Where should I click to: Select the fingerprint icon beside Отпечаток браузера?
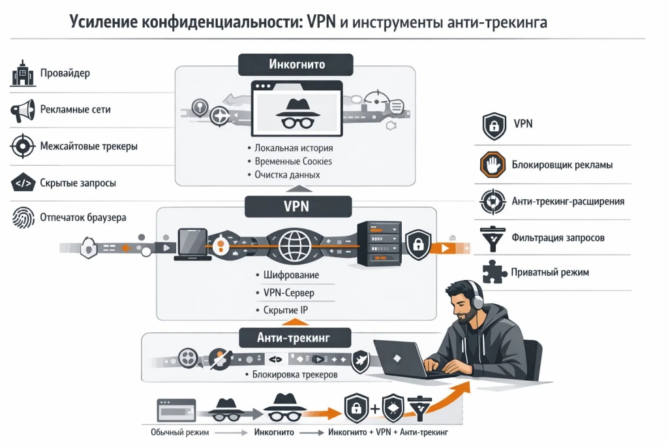22,217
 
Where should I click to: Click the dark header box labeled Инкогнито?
296,65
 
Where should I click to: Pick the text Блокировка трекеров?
294,375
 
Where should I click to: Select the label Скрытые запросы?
78,183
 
